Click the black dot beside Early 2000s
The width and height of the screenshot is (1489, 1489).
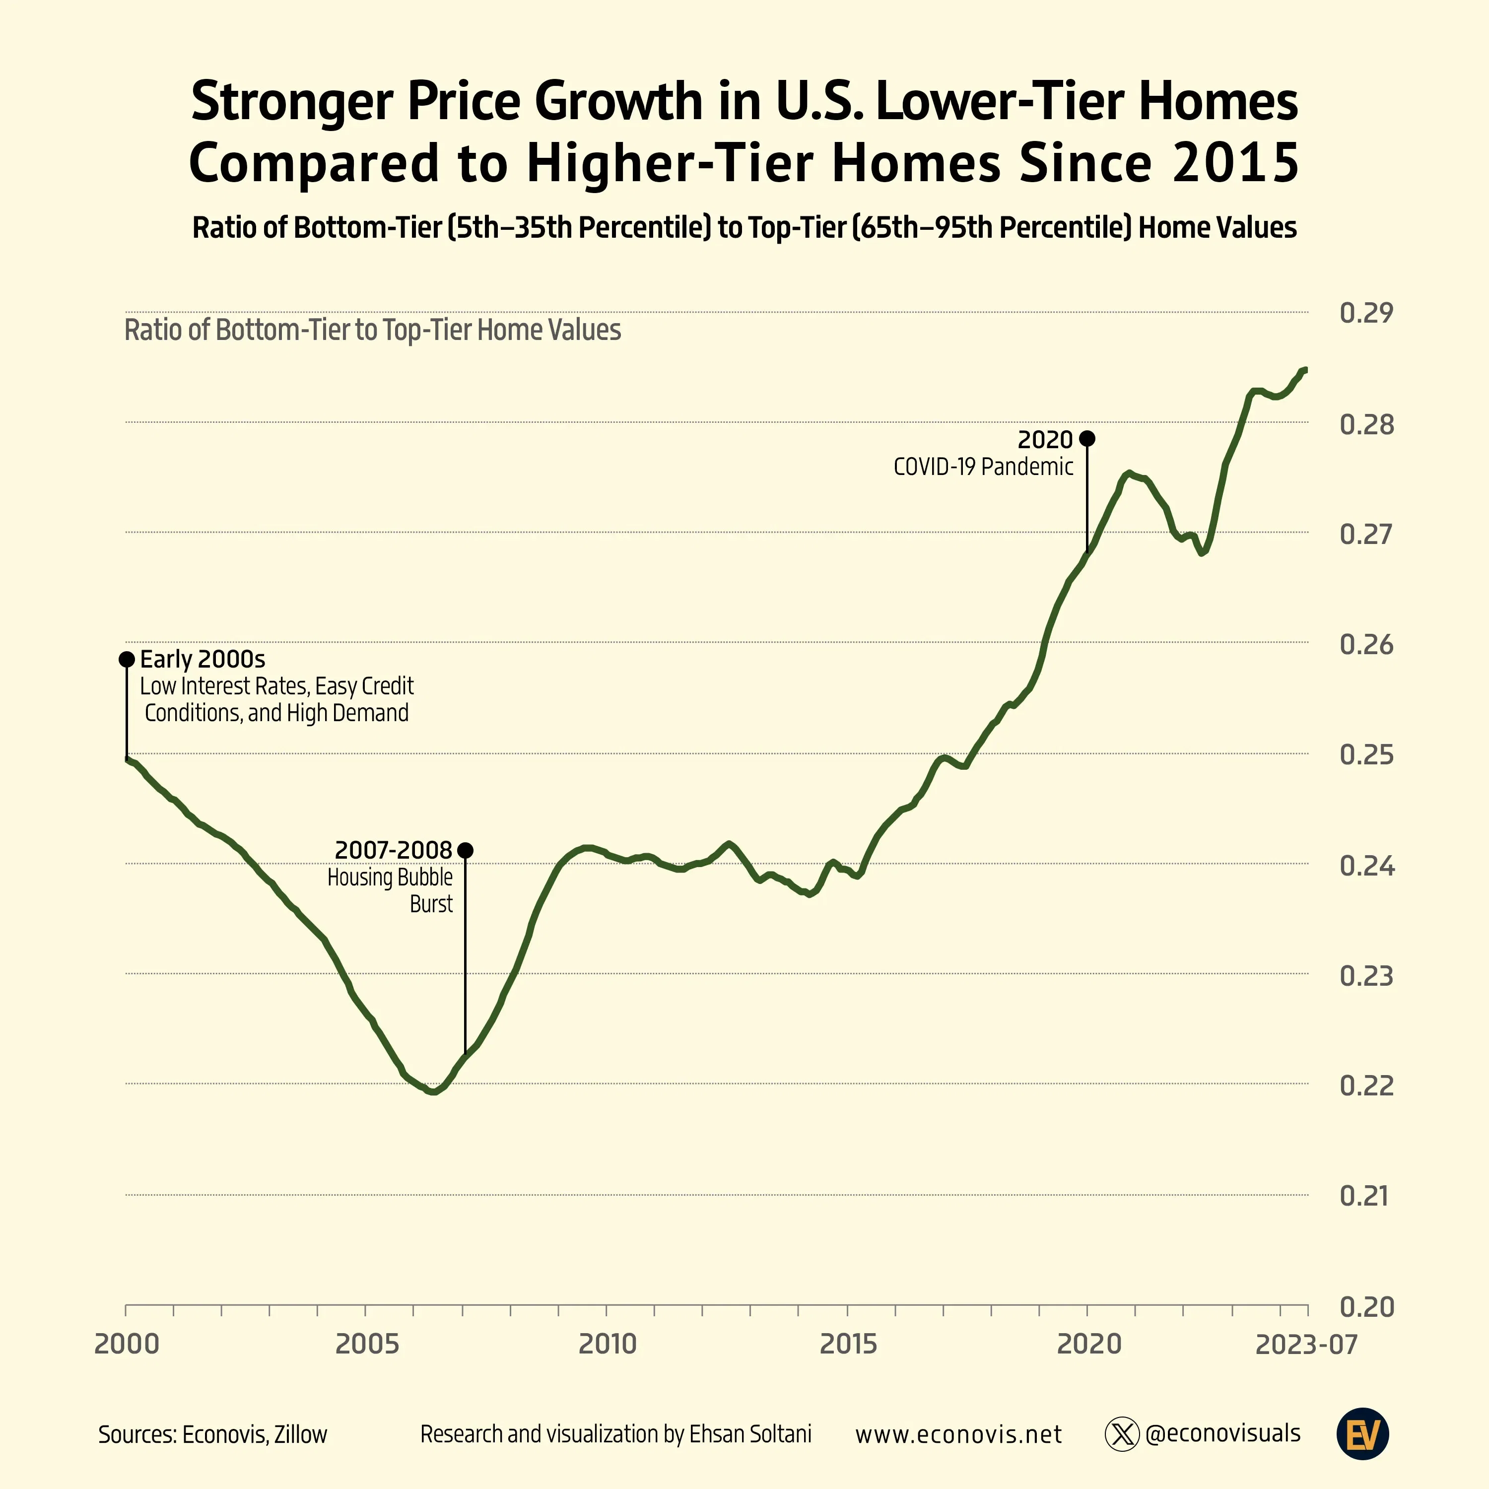pos(127,659)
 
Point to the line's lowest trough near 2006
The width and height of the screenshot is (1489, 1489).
pos(434,1091)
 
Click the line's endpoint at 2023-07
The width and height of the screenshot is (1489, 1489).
pos(1305,370)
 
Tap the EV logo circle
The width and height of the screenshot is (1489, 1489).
pos(1362,1434)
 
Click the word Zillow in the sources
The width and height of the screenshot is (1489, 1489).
pos(301,1434)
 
